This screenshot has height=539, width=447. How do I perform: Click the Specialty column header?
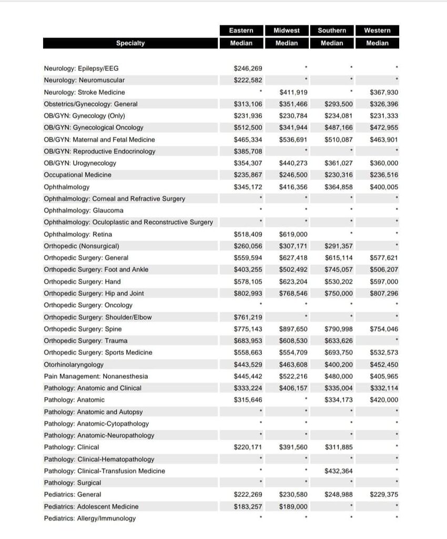[x=130, y=43]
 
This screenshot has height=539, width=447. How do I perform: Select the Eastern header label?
[x=241, y=31]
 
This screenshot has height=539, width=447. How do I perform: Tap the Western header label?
[x=377, y=31]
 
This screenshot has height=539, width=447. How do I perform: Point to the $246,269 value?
[x=248, y=68]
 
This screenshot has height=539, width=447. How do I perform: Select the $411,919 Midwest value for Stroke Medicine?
[x=293, y=92]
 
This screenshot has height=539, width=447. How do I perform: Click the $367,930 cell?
[x=384, y=92]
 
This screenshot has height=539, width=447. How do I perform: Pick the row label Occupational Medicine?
[x=77, y=175]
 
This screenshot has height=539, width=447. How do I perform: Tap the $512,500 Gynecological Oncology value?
[x=248, y=127]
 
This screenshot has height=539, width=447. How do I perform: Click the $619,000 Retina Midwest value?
[x=293, y=234]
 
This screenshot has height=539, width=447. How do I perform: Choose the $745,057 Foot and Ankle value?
[x=339, y=269]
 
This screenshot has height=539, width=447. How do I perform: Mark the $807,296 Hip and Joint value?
[x=384, y=293]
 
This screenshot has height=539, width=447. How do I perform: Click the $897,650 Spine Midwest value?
[x=293, y=329]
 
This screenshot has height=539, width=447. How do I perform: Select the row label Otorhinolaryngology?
[x=74, y=364]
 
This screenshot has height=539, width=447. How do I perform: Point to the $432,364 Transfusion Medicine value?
[x=339, y=471]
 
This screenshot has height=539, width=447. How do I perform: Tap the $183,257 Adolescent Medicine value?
[x=248, y=506]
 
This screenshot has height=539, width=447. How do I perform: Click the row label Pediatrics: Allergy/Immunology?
[x=89, y=518]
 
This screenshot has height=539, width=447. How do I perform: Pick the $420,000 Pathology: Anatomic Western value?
[x=384, y=400]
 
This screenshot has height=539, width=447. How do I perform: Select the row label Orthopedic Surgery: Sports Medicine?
[x=98, y=353]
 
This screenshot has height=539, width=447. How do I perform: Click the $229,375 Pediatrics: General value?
[x=384, y=495]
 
